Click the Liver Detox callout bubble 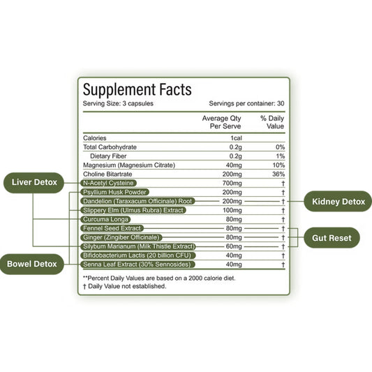[x=34, y=182]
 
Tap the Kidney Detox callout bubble [x=338, y=202]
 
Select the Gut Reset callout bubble [x=332, y=238]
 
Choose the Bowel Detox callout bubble [x=32, y=264]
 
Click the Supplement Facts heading [x=137, y=89]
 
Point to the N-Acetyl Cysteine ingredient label [x=108, y=183]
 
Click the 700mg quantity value [x=232, y=183]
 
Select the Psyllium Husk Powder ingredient [x=115, y=192]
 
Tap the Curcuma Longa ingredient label [x=105, y=219]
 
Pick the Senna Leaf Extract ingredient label [x=137, y=265]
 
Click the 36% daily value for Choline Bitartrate [x=278, y=174]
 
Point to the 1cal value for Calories [x=236, y=138]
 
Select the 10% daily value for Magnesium [x=278, y=165]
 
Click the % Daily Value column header [x=272, y=122]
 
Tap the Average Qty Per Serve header [x=221, y=122]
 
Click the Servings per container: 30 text [x=246, y=103]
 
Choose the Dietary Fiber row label [x=108, y=156]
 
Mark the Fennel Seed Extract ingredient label [x=112, y=228]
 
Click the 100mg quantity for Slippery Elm [x=232, y=210]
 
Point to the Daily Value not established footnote [x=124, y=286]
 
